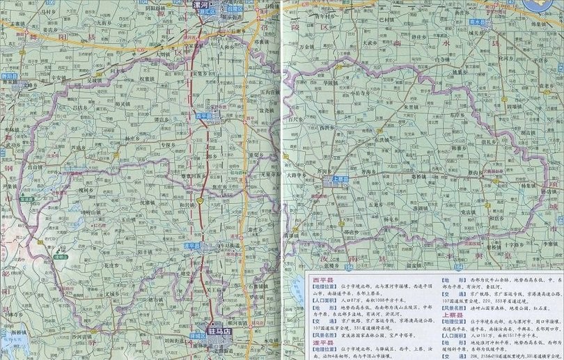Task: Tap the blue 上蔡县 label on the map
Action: [340, 178]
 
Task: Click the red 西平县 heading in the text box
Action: [322, 279]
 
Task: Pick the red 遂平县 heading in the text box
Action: [322, 344]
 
